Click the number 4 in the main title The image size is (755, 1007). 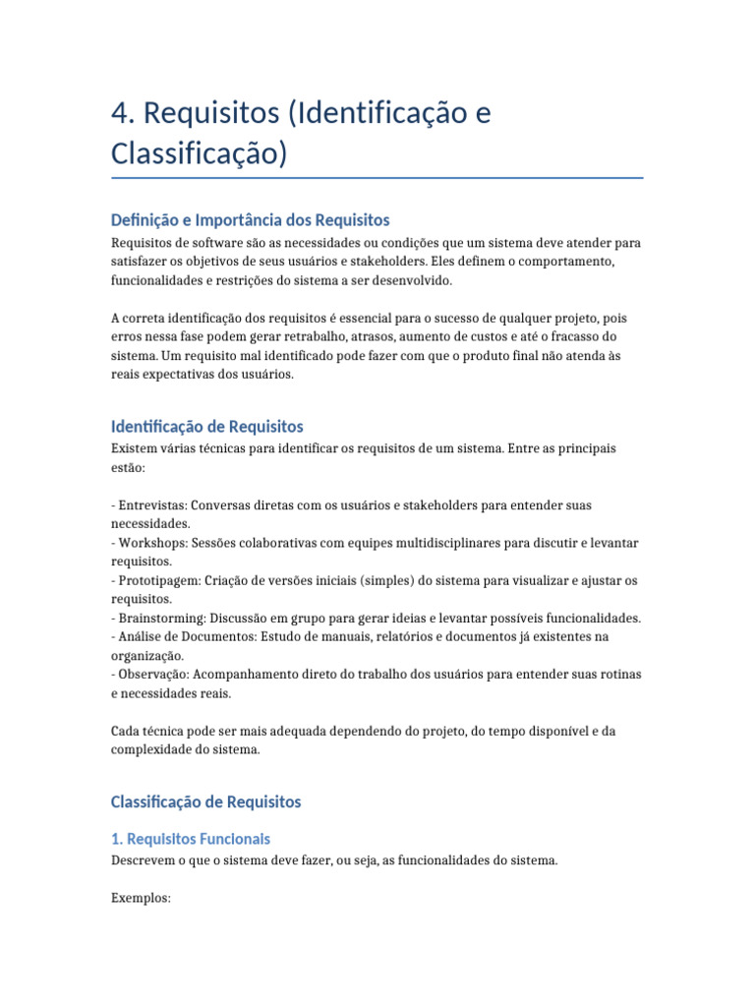click(x=122, y=114)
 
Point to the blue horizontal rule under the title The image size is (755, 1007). click(x=377, y=178)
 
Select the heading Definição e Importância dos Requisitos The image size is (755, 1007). click(x=251, y=220)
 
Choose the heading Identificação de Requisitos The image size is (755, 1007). click(x=207, y=427)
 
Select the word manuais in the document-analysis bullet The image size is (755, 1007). click(x=336, y=636)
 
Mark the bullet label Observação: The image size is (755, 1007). click(x=157, y=674)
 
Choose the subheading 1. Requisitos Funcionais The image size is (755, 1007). click(x=191, y=839)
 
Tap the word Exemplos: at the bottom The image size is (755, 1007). click(x=142, y=898)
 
